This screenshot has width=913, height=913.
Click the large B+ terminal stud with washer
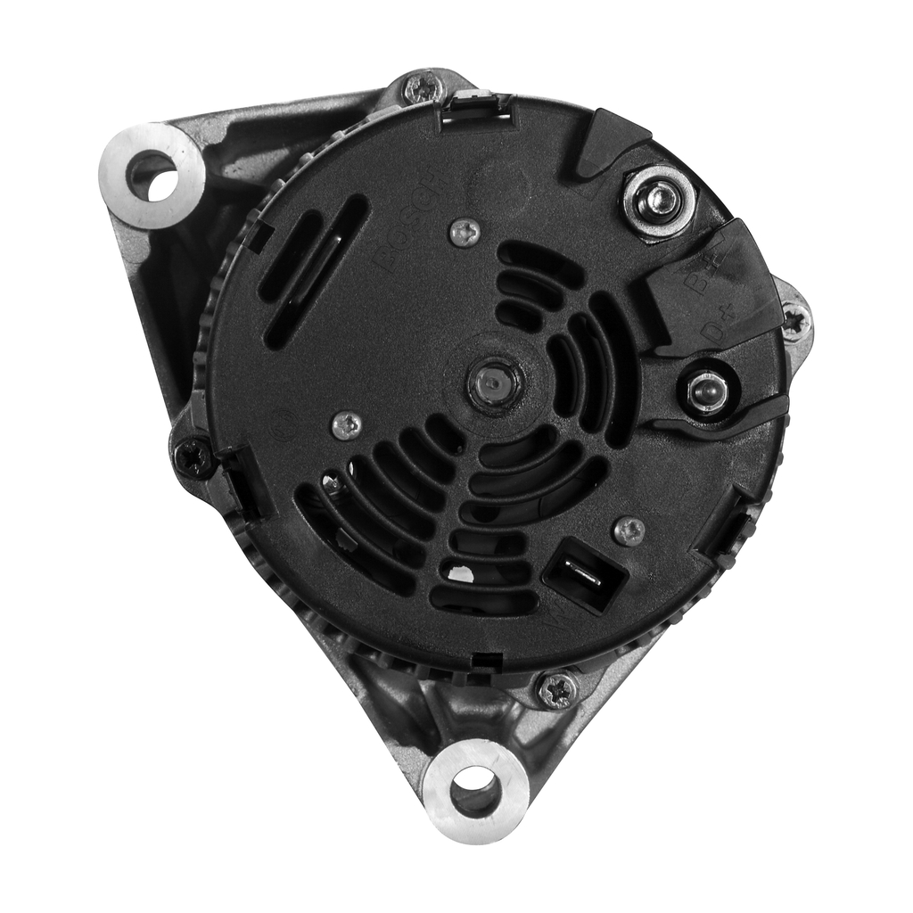[x=660, y=201]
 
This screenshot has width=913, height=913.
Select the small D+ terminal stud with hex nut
[x=707, y=391]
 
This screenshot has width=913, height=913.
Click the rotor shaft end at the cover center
[x=493, y=383]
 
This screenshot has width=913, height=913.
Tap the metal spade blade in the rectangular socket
[x=584, y=575]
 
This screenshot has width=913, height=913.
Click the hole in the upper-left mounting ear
[x=152, y=176]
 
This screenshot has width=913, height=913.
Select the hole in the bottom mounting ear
[x=474, y=790]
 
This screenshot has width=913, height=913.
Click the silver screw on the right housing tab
[x=794, y=321]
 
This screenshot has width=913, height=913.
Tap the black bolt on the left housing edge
[x=193, y=457]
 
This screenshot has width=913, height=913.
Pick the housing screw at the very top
[x=424, y=88]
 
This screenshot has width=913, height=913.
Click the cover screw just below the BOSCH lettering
[x=465, y=233]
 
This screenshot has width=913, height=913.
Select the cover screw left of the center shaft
[x=347, y=425]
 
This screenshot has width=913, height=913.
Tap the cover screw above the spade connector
[x=629, y=531]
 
